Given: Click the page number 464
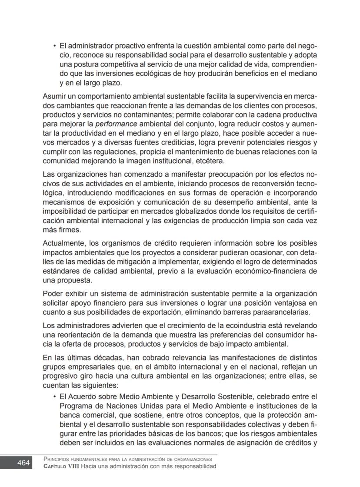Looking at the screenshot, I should pos(23,463).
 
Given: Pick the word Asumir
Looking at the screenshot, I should pos(53,95).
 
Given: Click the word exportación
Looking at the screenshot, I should pos(165,312).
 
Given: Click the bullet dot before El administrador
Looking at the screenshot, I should pos(54,45).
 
